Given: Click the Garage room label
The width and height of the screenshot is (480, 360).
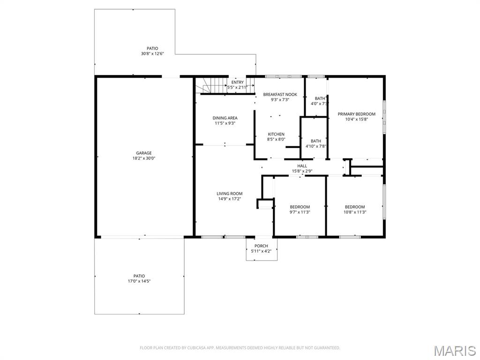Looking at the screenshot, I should [144, 153].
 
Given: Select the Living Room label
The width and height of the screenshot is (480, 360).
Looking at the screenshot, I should [229, 194].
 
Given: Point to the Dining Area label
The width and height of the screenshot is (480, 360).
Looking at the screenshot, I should [225, 118].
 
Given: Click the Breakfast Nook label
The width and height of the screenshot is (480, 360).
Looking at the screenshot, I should [280, 94].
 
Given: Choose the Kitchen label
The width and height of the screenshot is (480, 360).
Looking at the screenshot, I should [276, 134].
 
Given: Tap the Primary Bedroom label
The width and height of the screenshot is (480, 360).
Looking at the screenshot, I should [356, 114].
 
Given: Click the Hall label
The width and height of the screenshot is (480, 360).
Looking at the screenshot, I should [302, 165].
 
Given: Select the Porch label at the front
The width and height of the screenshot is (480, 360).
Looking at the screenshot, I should [261, 246].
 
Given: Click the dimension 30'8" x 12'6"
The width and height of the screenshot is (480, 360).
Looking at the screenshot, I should [152, 54].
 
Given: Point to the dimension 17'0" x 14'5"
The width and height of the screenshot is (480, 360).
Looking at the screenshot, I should [139, 281].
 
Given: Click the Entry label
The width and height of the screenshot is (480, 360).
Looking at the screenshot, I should [237, 82].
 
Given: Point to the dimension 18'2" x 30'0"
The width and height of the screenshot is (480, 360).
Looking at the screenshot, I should [144, 158].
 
